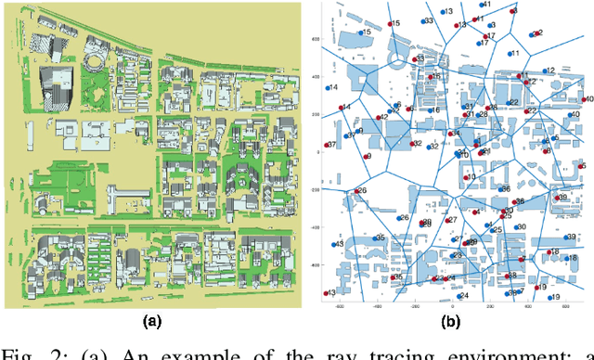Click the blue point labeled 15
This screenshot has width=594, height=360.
click(x=357, y=32)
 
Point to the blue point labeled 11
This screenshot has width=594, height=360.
click(x=506, y=54)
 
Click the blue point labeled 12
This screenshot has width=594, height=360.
click(x=544, y=71)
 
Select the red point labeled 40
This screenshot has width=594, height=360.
click(x=582, y=100)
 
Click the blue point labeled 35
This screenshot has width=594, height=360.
click(x=373, y=239)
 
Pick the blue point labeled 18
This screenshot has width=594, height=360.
click(x=546, y=252)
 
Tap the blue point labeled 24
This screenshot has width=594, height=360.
click(x=457, y=297)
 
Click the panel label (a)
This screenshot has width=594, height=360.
click(x=150, y=322)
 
